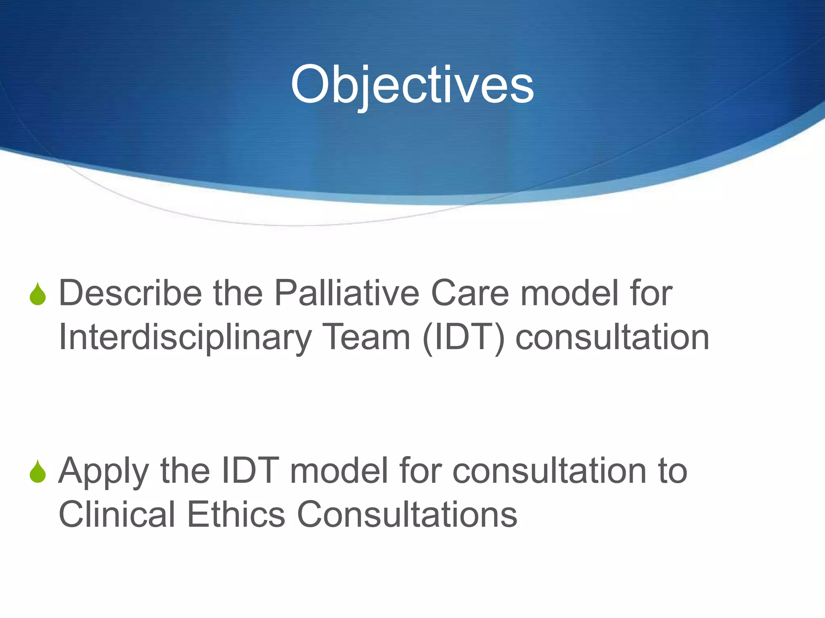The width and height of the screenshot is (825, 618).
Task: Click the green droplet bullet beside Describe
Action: (38, 294)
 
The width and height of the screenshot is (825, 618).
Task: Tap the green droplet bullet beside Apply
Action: (38, 472)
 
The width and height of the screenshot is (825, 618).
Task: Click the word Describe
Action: (130, 293)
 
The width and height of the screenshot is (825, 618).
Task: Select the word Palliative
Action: (347, 293)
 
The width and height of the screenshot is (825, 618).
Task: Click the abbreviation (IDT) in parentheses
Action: (464, 338)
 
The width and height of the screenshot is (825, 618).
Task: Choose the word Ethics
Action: (236, 515)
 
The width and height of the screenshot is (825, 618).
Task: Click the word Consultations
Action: (407, 515)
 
